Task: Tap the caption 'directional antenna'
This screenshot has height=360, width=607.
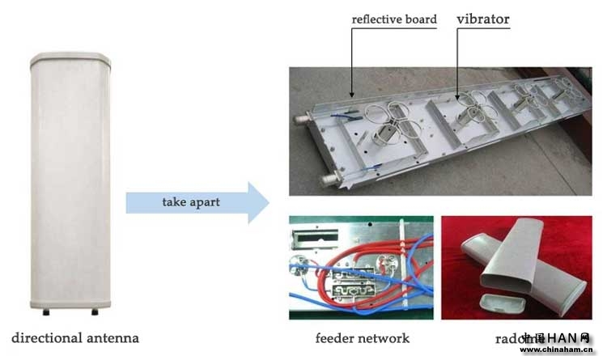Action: (75, 337)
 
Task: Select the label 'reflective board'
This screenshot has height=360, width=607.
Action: (394, 19)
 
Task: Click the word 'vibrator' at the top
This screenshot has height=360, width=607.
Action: (484, 18)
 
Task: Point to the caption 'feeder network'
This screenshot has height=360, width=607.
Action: (362, 338)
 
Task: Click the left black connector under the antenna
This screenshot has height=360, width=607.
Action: (45, 311)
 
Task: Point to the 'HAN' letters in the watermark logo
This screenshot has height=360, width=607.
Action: (565, 338)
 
